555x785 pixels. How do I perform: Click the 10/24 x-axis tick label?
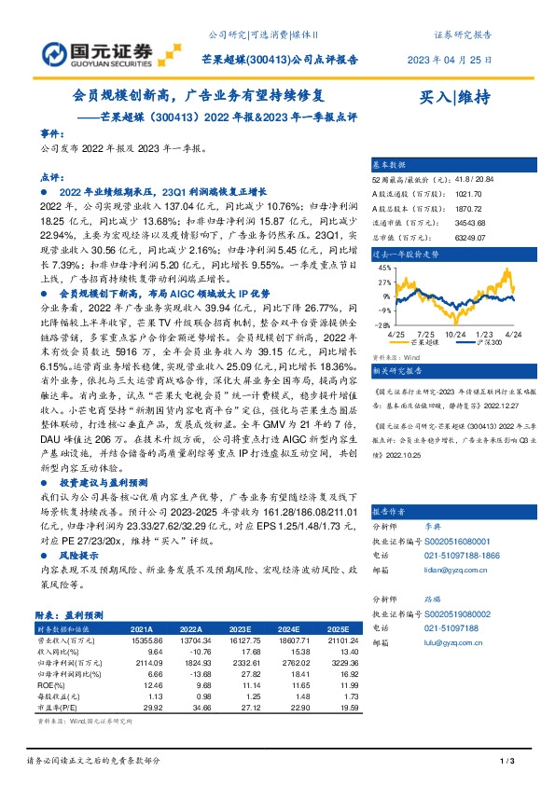pyautogui.click(x=456, y=333)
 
